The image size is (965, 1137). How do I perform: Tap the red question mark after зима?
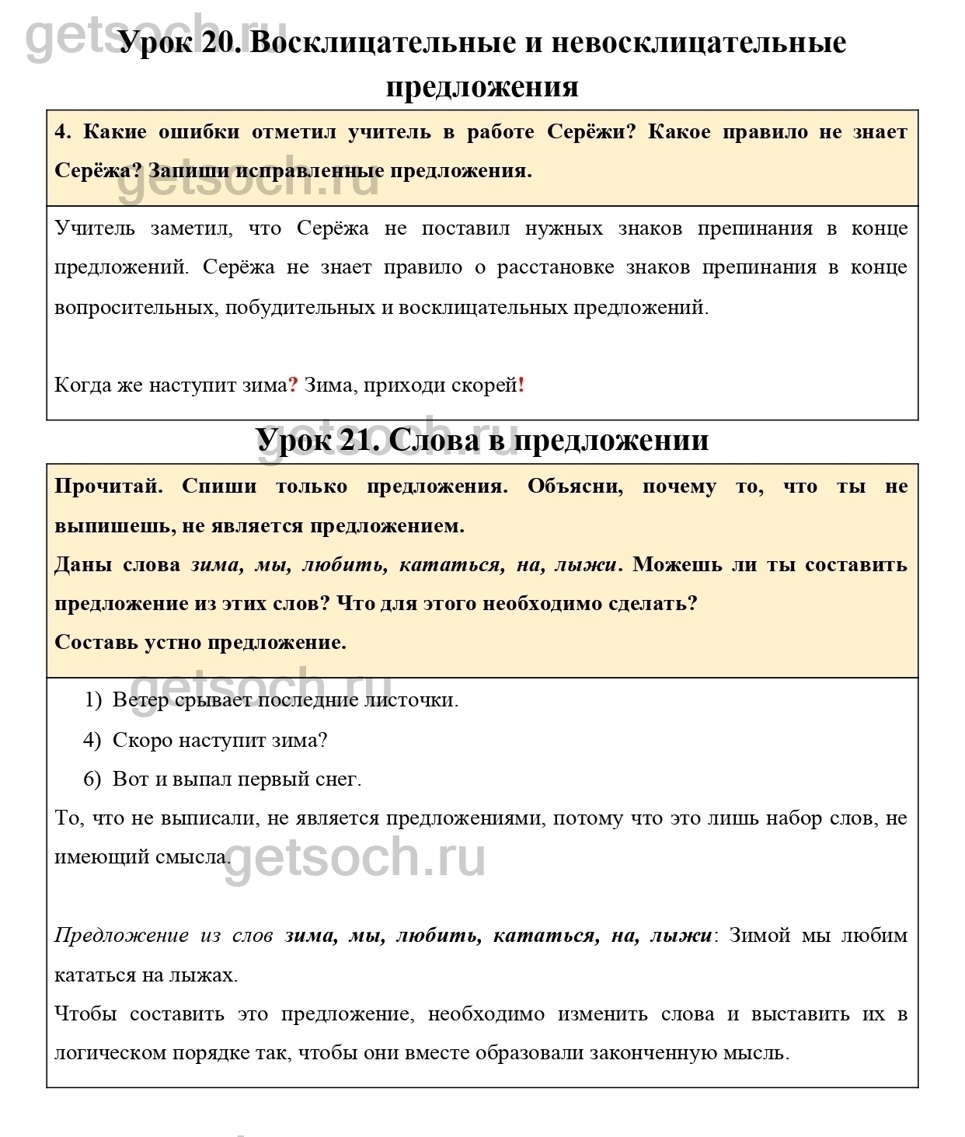coord(293,385)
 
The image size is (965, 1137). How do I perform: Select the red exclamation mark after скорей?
coord(521,385)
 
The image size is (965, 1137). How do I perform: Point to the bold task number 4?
coord(62,132)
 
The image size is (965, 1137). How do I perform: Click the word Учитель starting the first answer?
coord(95,228)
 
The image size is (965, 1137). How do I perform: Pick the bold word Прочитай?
coord(109,487)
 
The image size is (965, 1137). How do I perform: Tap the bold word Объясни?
coord(575,487)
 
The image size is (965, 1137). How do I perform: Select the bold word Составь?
coord(96,643)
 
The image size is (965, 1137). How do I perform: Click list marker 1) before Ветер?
coord(92,700)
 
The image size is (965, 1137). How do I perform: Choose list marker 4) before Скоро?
coord(92,740)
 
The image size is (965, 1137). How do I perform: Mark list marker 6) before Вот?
coord(92,779)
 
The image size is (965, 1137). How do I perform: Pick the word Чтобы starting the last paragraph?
coord(86,1014)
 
